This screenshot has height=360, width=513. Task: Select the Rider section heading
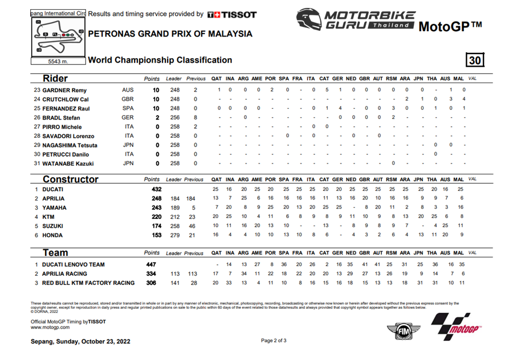point(55,79)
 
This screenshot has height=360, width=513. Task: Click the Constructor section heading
point(71,179)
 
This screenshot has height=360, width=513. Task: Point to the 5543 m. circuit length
point(57,60)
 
